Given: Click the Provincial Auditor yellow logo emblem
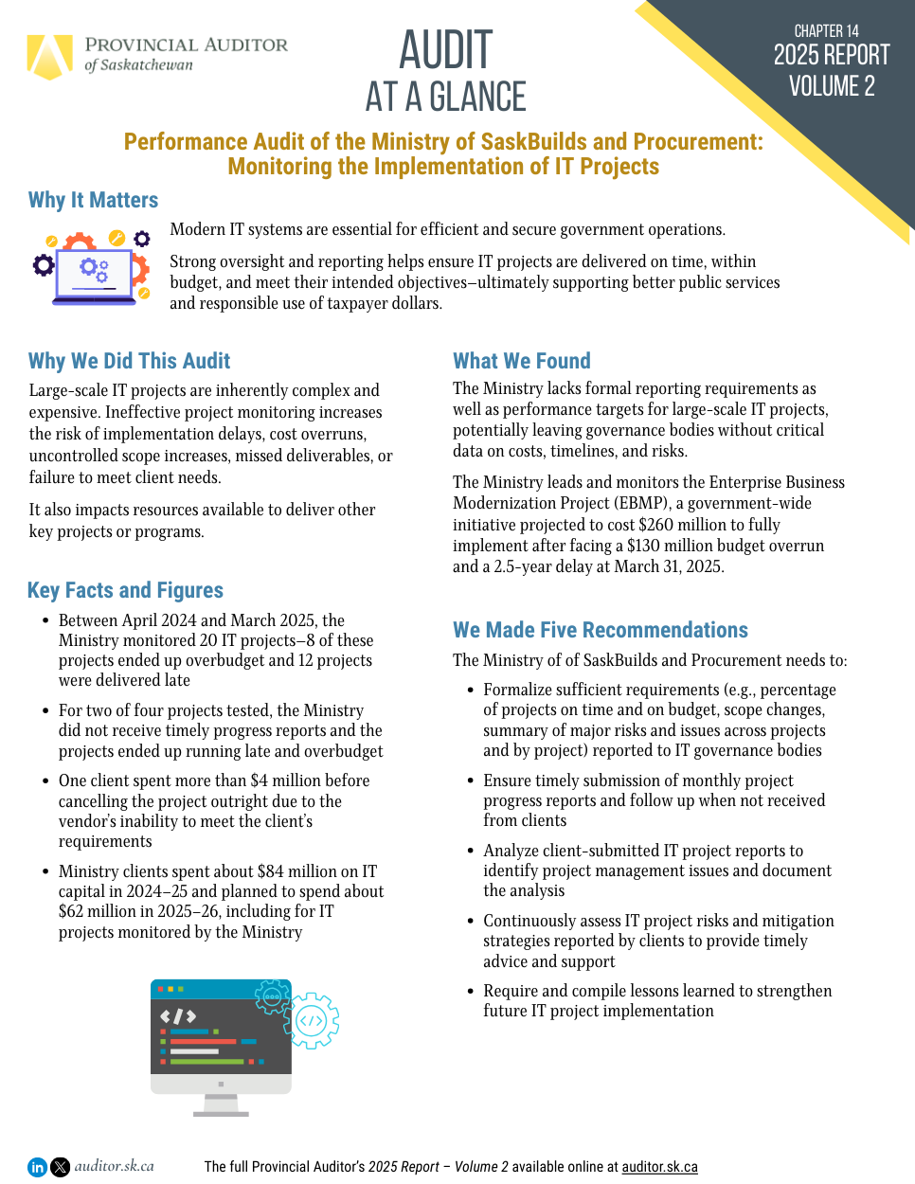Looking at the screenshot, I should pyautogui.click(x=49, y=56).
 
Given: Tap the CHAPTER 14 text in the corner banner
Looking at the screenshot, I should pyautogui.click(x=826, y=31).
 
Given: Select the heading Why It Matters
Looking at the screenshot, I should pyautogui.click(x=93, y=200).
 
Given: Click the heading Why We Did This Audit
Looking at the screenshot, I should pyautogui.click(x=129, y=361).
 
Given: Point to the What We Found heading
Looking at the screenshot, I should pyautogui.click(x=521, y=361).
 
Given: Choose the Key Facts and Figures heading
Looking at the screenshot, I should pyautogui.click(x=125, y=590).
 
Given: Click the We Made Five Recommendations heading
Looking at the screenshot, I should pyautogui.click(x=600, y=630).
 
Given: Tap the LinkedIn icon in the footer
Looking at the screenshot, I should pyautogui.click(x=37, y=1167).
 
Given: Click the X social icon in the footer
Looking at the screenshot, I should pyautogui.click(x=60, y=1167).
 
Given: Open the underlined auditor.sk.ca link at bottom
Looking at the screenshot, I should pyautogui.click(x=659, y=1167).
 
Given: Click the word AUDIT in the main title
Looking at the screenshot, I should pyautogui.click(x=445, y=50).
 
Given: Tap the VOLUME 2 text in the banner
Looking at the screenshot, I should pyautogui.click(x=832, y=86).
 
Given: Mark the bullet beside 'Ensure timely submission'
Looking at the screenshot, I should pyautogui.click(x=471, y=780).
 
